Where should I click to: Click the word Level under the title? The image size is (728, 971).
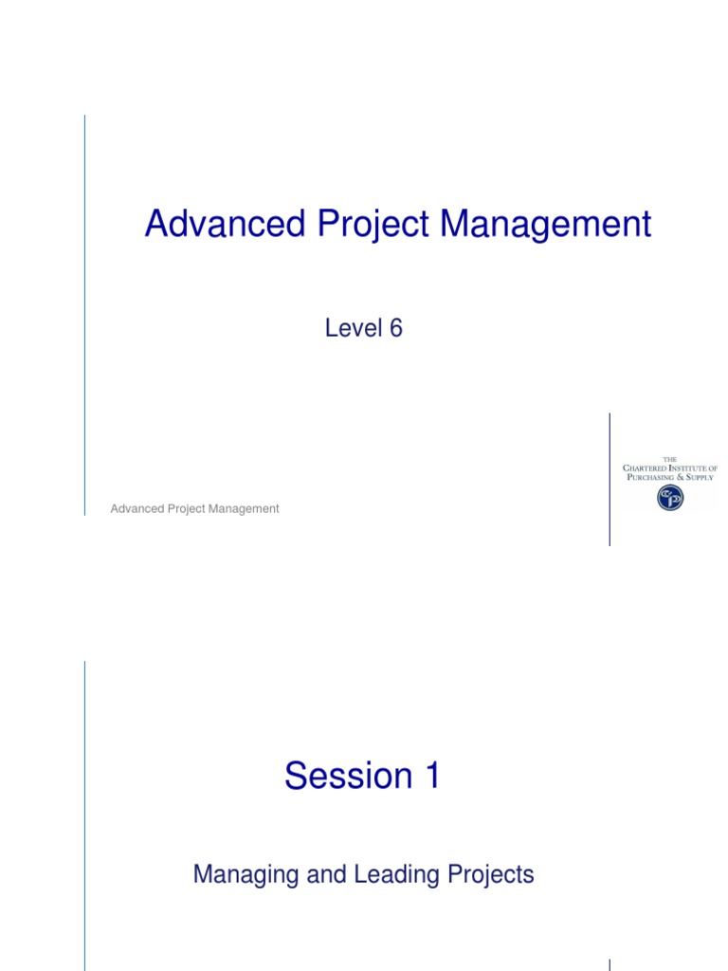pyautogui.click(x=351, y=328)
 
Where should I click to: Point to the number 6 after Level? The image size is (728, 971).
pyautogui.click(x=395, y=328)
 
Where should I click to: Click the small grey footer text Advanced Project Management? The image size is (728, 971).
pyautogui.click(x=194, y=508)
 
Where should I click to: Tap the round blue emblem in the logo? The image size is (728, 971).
pyautogui.click(x=670, y=498)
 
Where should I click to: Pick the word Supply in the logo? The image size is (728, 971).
pyautogui.click(x=700, y=477)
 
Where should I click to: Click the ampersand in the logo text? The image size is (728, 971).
pyautogui.click(x=679, y=477)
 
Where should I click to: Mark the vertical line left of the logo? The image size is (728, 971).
pyautogui.click(x=610, y=479)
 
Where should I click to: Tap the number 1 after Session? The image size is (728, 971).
pyautogui.click(x=430, y=776)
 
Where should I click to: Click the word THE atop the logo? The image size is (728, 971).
pyautogui.click(x=669, y=460)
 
